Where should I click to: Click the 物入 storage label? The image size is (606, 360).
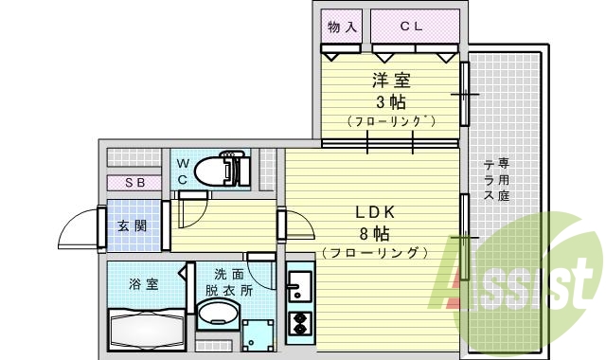341,27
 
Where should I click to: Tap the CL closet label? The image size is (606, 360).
410,27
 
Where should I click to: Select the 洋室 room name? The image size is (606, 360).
390,82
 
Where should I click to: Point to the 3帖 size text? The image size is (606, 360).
390,102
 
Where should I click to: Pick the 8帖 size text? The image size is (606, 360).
374,233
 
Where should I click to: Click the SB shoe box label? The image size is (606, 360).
134,183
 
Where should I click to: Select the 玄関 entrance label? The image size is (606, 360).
132,226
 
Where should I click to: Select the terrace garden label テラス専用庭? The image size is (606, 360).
496,179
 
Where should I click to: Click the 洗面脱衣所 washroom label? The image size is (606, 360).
227,282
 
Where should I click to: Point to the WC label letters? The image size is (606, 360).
183,171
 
